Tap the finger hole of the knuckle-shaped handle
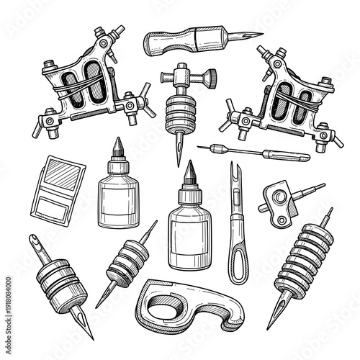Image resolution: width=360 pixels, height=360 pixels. (170, 306)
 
